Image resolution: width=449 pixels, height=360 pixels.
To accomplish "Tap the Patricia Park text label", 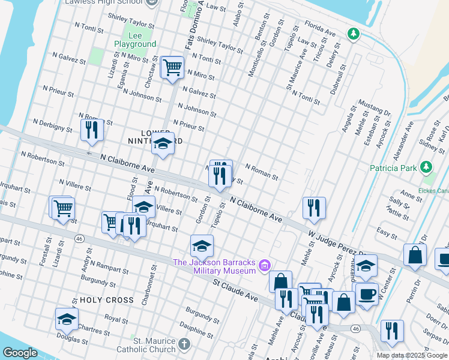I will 393,168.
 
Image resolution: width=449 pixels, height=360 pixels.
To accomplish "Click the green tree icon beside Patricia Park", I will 426,166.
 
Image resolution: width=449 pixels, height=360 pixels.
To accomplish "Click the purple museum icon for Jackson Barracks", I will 265,265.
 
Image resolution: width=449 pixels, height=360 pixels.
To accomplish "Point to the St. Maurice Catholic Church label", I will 154,345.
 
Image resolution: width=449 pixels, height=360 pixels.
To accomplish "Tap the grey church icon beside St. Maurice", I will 184,345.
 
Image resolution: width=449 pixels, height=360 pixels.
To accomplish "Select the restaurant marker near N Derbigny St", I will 92,130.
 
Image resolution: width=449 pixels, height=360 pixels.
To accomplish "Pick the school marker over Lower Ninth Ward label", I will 163,143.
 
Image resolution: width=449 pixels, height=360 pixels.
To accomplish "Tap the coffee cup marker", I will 366,293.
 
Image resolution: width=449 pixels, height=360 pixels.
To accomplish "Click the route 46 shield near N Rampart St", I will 79,238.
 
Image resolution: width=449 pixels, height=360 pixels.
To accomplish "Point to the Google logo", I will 20,353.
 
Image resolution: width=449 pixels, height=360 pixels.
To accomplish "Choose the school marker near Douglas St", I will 67,319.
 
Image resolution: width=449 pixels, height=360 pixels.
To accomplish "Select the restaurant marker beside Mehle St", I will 314,208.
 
